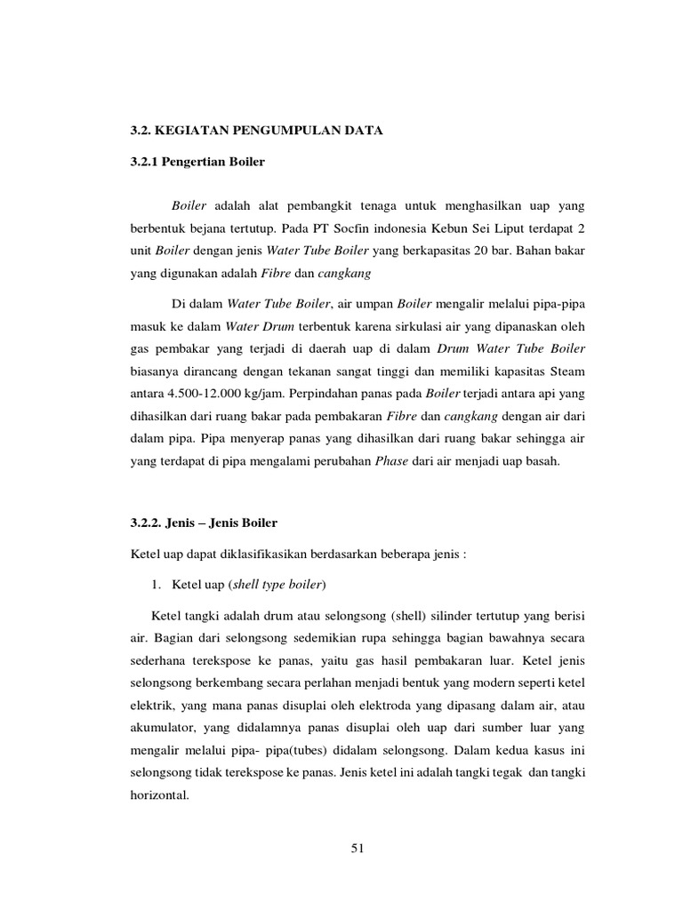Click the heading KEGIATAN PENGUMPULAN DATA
point(269,132)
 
